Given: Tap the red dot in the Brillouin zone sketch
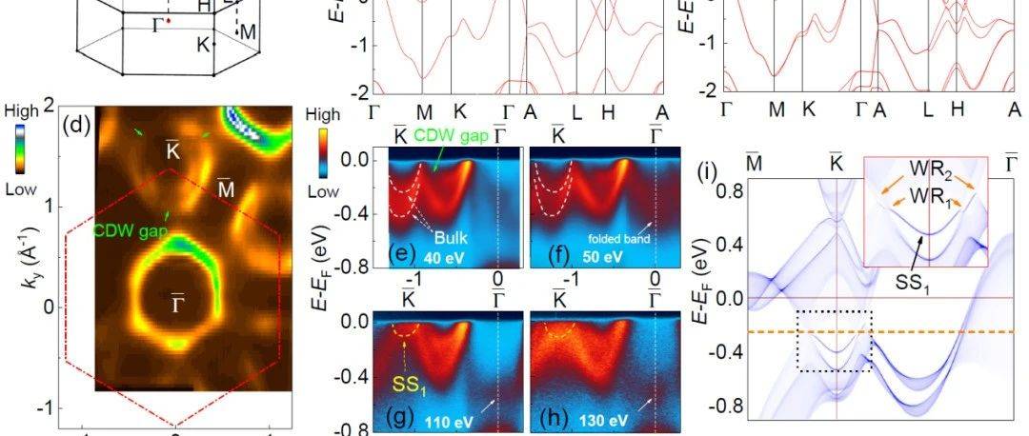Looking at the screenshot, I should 169,20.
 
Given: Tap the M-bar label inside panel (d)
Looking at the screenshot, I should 225,188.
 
